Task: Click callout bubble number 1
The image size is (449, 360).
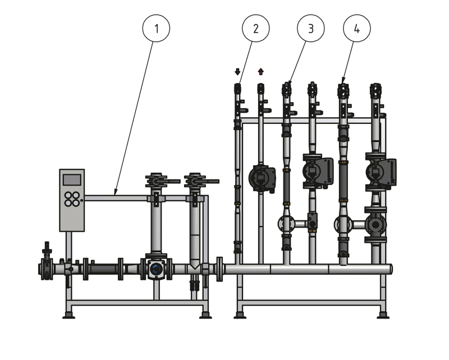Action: tap(156, 29)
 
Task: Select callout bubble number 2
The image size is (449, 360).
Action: tap(256, 29)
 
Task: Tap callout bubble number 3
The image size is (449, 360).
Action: tap(311, 29)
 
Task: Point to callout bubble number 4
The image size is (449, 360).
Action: tap(357, 29)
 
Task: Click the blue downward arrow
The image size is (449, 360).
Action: tap(237, 72)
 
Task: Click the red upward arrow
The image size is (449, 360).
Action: tap(260, 72)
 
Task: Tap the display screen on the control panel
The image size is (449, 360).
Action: tap(72, 180)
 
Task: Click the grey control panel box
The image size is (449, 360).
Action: tap(72, 200)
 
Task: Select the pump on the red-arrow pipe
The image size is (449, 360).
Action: tap(262, 178)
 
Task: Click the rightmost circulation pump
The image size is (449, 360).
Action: tap(381, 172)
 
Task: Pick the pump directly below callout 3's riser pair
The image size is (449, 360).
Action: tap(318, 171)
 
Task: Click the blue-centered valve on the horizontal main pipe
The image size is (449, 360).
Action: tap(156, 269)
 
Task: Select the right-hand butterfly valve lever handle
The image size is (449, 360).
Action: tap(209, 182)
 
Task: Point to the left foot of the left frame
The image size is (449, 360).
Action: tap(68, 315)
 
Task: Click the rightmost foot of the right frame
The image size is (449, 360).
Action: tap(383, 315)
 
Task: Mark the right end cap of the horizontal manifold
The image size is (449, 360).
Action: tap(391, 269)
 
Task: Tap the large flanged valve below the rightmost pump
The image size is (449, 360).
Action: tap(375, 225)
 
